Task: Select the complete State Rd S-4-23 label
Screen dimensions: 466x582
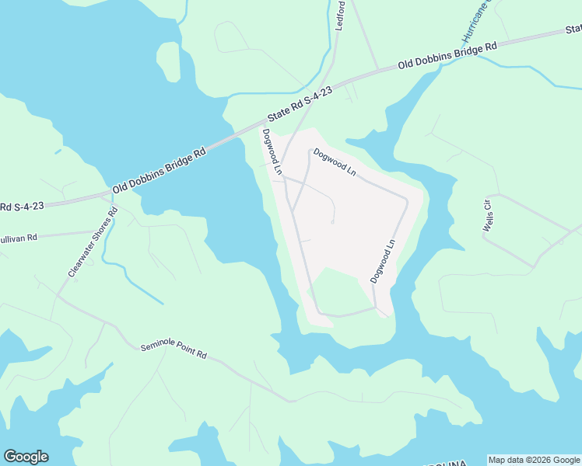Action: coord(300,103)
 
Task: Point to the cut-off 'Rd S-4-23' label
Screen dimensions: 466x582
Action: coord(22,207)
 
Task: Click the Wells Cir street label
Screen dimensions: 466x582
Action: coord(489,214)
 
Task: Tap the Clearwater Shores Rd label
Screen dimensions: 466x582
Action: coord(93,242)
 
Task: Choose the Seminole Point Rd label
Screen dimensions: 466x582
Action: coord(174,351)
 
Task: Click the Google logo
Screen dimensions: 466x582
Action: coord(26,457)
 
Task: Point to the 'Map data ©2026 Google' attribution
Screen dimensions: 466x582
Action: coord(534,460)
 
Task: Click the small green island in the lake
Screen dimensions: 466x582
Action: coord(168,60)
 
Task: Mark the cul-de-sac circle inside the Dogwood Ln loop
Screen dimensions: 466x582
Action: coord(333,223)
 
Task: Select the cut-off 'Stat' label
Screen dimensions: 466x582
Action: coord(573,30)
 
